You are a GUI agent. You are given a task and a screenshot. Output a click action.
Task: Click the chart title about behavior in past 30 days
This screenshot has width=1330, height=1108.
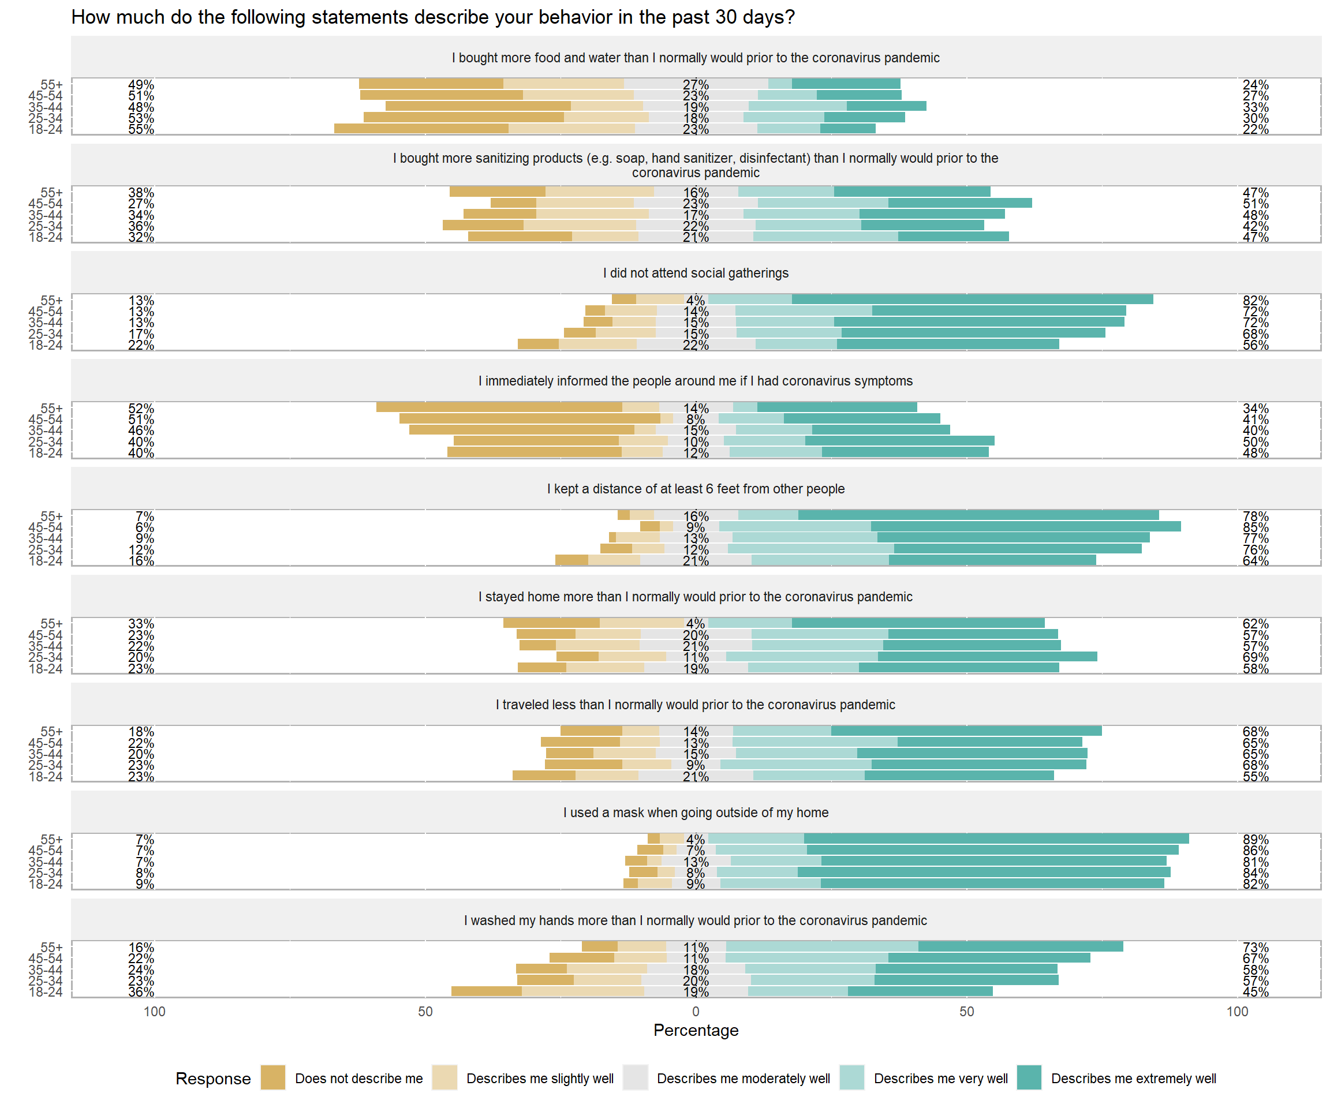pyautogui.click(x=432, y=17)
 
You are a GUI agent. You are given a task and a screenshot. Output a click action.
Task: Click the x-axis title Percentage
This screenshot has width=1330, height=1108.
pyautogui.click(x=696, y=1030)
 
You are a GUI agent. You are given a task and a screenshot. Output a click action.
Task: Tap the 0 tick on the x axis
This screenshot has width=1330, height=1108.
pyautogui.click(x=696, y=1011)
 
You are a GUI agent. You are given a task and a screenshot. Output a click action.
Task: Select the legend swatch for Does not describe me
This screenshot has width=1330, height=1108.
pyautogui.click(x=273, y=1077)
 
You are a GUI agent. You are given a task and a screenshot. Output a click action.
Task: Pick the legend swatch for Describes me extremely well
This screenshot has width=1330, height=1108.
pyautogui.click(x=1029, y=1077)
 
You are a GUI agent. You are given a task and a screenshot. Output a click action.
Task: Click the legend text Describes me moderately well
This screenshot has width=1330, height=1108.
pyautogui.click(x=743, y=1078)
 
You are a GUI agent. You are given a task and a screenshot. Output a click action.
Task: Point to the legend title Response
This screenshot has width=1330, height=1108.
pyautogui.click(x=213, y=1078)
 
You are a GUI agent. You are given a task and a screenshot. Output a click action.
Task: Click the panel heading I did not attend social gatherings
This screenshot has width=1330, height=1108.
pyautogui.click(x=696, y=273)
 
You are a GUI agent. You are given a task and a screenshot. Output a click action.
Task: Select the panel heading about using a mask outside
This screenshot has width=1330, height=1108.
pyautogui.click(x=696, y=813)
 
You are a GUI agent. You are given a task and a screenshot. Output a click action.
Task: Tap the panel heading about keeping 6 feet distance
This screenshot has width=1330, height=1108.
pyautogui.click(x=696, y=489)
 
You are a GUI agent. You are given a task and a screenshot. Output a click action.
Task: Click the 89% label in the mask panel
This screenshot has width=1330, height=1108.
pyautogui.click(x=1256, y=840)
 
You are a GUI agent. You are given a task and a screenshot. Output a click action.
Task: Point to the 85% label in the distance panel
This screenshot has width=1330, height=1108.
pyautogui.click(x=1256, y=527)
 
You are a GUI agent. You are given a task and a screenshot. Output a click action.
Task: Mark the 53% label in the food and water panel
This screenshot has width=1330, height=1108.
pyautogui.click(x=141, y=118)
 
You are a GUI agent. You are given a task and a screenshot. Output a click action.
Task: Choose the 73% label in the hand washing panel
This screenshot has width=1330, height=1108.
pyautogui.click(x=1256, y=947)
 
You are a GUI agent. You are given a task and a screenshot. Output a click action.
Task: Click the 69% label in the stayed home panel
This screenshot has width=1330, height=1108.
pyautogui.click(x=1256, y=657)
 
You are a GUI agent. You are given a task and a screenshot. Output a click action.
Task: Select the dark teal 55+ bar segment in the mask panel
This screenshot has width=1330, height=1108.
pyautogui.click(x=996, y=839)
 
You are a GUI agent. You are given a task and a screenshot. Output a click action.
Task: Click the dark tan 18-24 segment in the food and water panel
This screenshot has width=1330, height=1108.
pyautogui.click(x=421, y=129)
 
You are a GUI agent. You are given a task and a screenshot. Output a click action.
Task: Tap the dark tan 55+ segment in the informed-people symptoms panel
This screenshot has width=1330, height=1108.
pyautogui.click(x=499, y=407)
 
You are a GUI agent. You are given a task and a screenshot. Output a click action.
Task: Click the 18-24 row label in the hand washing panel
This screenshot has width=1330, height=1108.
pyautogui.click(x=46, y=991)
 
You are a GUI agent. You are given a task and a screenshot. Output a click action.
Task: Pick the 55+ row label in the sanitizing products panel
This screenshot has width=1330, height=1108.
pyautogui.click(x=51, y=193)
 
